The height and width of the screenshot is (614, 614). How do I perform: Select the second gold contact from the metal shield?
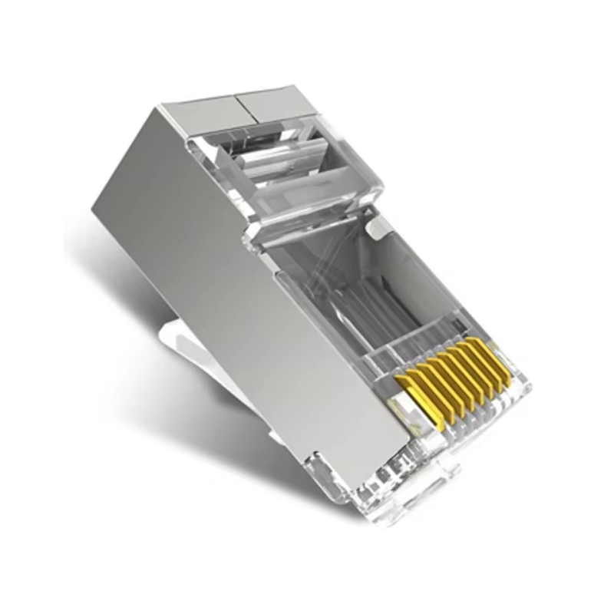click(424, 386)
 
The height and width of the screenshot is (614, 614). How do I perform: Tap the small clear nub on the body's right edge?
click(376, 227)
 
